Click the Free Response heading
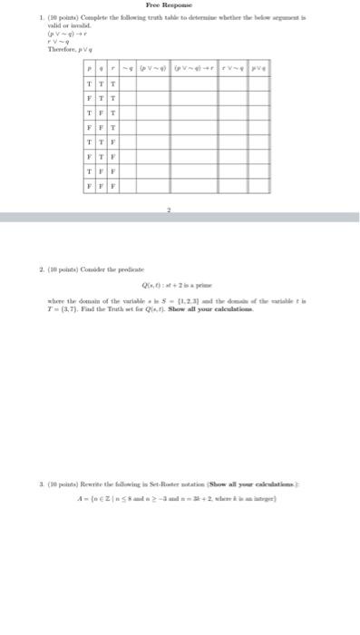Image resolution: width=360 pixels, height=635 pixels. (180, 5)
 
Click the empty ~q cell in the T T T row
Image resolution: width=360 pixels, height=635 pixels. (126, 83)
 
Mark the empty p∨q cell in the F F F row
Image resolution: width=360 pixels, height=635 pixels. (258, 185)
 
